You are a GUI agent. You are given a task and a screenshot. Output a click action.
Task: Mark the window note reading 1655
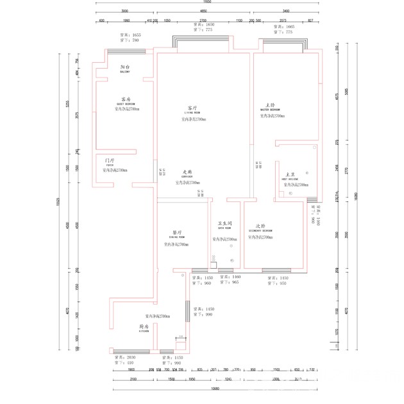130,35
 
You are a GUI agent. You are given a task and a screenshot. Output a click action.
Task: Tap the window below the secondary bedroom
276,270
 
